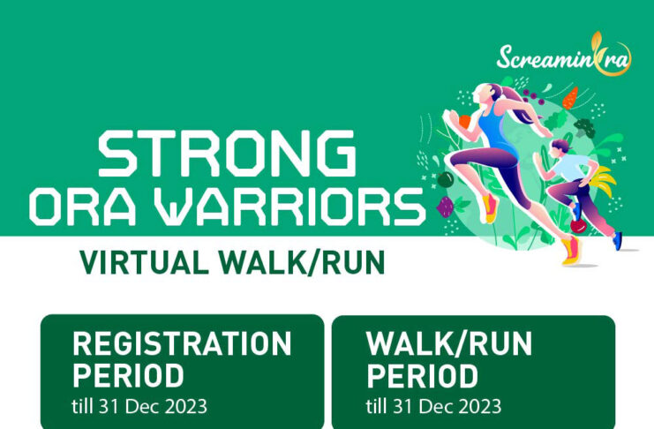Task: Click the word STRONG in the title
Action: point(228,154)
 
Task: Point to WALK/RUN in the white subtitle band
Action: point(302,262)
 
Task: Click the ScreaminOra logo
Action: point(564,55)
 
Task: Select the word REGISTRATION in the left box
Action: point(182,344)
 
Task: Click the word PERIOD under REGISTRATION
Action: point(129,376)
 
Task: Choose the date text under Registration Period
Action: point(139,406)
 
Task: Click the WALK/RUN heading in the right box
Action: point(449,344)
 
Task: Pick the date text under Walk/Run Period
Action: point(433,406)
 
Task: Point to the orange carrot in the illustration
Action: point(570,98)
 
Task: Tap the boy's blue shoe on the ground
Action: point(617,241)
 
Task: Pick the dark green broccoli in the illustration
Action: point(585,127)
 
